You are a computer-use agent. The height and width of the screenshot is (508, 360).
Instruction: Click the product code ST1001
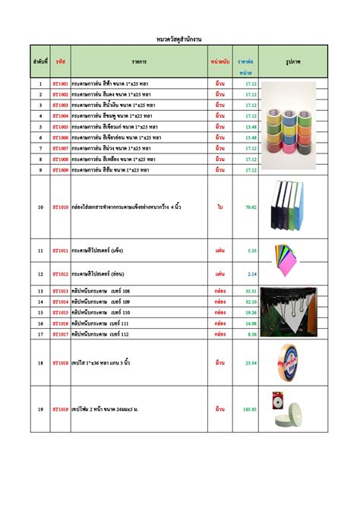[x=60, y=84]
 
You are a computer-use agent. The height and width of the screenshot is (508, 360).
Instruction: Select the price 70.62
[x=250, y=207]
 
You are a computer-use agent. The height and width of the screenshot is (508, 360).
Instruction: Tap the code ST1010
[x=60, y=207]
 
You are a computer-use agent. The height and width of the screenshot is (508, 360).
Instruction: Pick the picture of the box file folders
[x=293, y=206]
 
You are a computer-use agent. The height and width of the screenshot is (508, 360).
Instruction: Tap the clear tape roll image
[x=293, y=363]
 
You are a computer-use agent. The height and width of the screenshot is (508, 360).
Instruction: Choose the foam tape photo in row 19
[x=293, y=409]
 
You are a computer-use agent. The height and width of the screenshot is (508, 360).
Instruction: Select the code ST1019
[x=60, y=409]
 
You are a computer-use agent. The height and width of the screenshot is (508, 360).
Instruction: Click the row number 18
[x=40, y=363]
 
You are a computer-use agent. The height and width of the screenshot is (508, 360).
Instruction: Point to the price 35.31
[x=250, y=291]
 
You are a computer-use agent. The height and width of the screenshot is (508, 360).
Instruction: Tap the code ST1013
[x=60, y=291]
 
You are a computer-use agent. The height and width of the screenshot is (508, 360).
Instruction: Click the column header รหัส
[x=60, y=59]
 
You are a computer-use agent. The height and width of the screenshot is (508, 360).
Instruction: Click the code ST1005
[x=60, y=127]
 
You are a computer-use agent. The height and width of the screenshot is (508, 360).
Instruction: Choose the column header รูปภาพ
[x=293, y=59]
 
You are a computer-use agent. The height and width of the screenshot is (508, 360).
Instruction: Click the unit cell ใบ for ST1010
[x=219, y=207]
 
